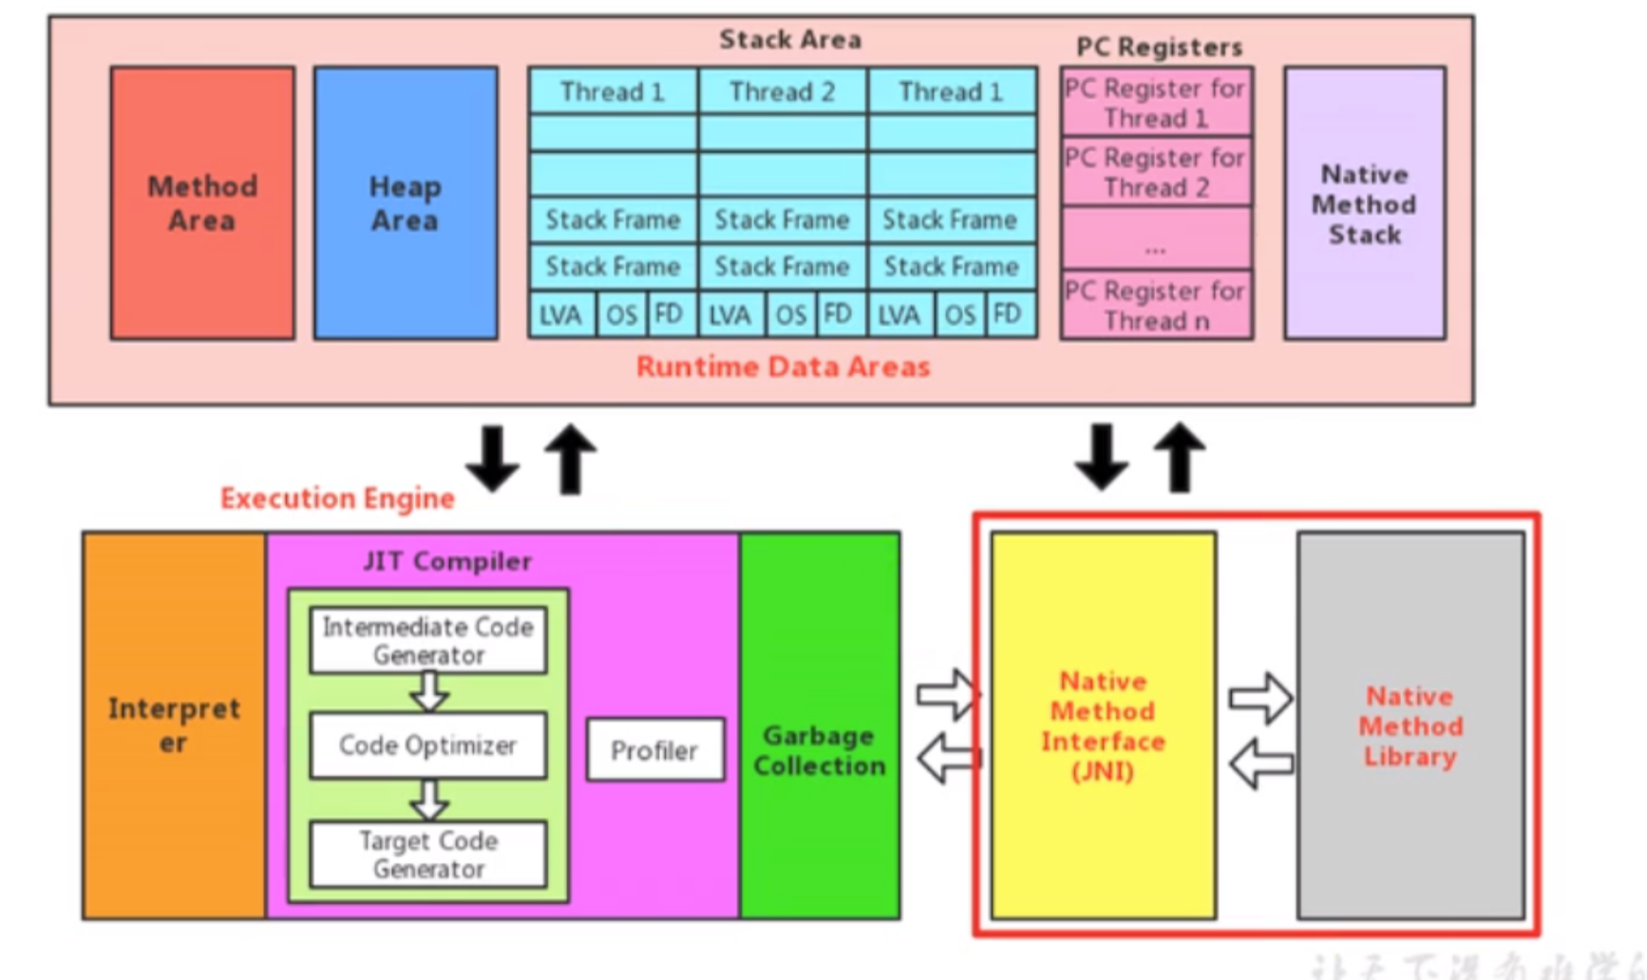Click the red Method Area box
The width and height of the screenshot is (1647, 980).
pyautogui.click(x=202, y=203)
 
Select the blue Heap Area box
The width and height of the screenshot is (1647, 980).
pyautogui.click(x=406, y=203)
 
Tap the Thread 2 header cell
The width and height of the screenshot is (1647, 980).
pyautogui.click(x=782, y=92)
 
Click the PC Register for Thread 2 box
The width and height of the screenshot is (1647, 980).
pyautogui.click(x=1156, y=172)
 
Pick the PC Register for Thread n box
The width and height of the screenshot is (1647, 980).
pyautogui.click(x=1156, y=305)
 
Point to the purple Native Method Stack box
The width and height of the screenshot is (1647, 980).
pyautogui.click(x=1364, y=203)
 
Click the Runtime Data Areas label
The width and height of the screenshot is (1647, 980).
pyautogui.click(x=783, y=367)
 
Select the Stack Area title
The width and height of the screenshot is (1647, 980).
pyautogui.click(x=790, y=40)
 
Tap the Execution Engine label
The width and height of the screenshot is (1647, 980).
pyautogui.click(x=337, y=499)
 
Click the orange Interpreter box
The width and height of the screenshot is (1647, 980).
pyautogui.click(x=174, y=726)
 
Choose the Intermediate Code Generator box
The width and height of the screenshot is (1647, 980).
pyautogui.click(x=428, y=641)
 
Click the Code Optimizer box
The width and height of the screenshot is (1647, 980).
pyautogui.click(x=428, y=745)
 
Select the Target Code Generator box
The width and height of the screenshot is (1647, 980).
pyautogui.click(x=428, y=855)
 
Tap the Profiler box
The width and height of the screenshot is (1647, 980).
pyautogui.click(x=654, y=750)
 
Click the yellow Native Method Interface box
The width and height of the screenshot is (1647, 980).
pyautogui.click(x=1103, y=726)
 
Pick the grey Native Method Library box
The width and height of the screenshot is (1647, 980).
pyautogui.click(x=1410, y=726)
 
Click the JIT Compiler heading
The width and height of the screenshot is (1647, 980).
pyautogui.click(x=447, y=561)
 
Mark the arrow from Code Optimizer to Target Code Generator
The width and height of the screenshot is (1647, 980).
pyautogui.click(x=429, y=800)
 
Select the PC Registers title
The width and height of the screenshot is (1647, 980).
pyautogui.click(x=1159, y=47)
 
